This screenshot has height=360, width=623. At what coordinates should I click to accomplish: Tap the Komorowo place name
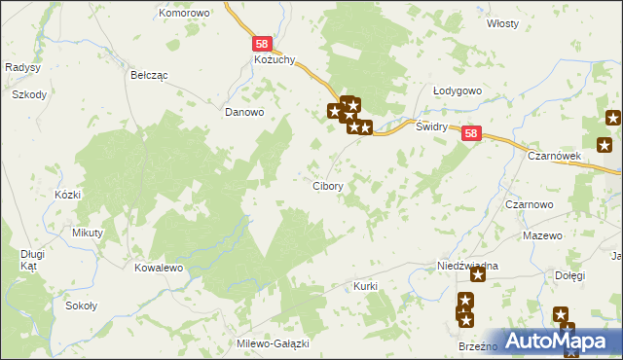[185, 14]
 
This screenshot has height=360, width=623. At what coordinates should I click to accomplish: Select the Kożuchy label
[261, 60]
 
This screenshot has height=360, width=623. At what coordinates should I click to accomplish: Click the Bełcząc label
[150, 74]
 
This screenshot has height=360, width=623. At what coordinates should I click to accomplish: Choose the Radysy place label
[21, 67]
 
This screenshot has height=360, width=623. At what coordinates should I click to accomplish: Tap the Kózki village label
[67, 195]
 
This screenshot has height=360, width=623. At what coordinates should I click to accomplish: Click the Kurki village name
[365, 287]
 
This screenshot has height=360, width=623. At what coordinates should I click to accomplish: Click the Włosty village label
[503, 22]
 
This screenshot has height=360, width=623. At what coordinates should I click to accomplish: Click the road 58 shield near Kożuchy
[262, 44]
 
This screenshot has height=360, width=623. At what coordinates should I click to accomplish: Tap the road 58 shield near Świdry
[471, 135]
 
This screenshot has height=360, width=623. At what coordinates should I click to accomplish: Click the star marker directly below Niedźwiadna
[478, 276]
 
